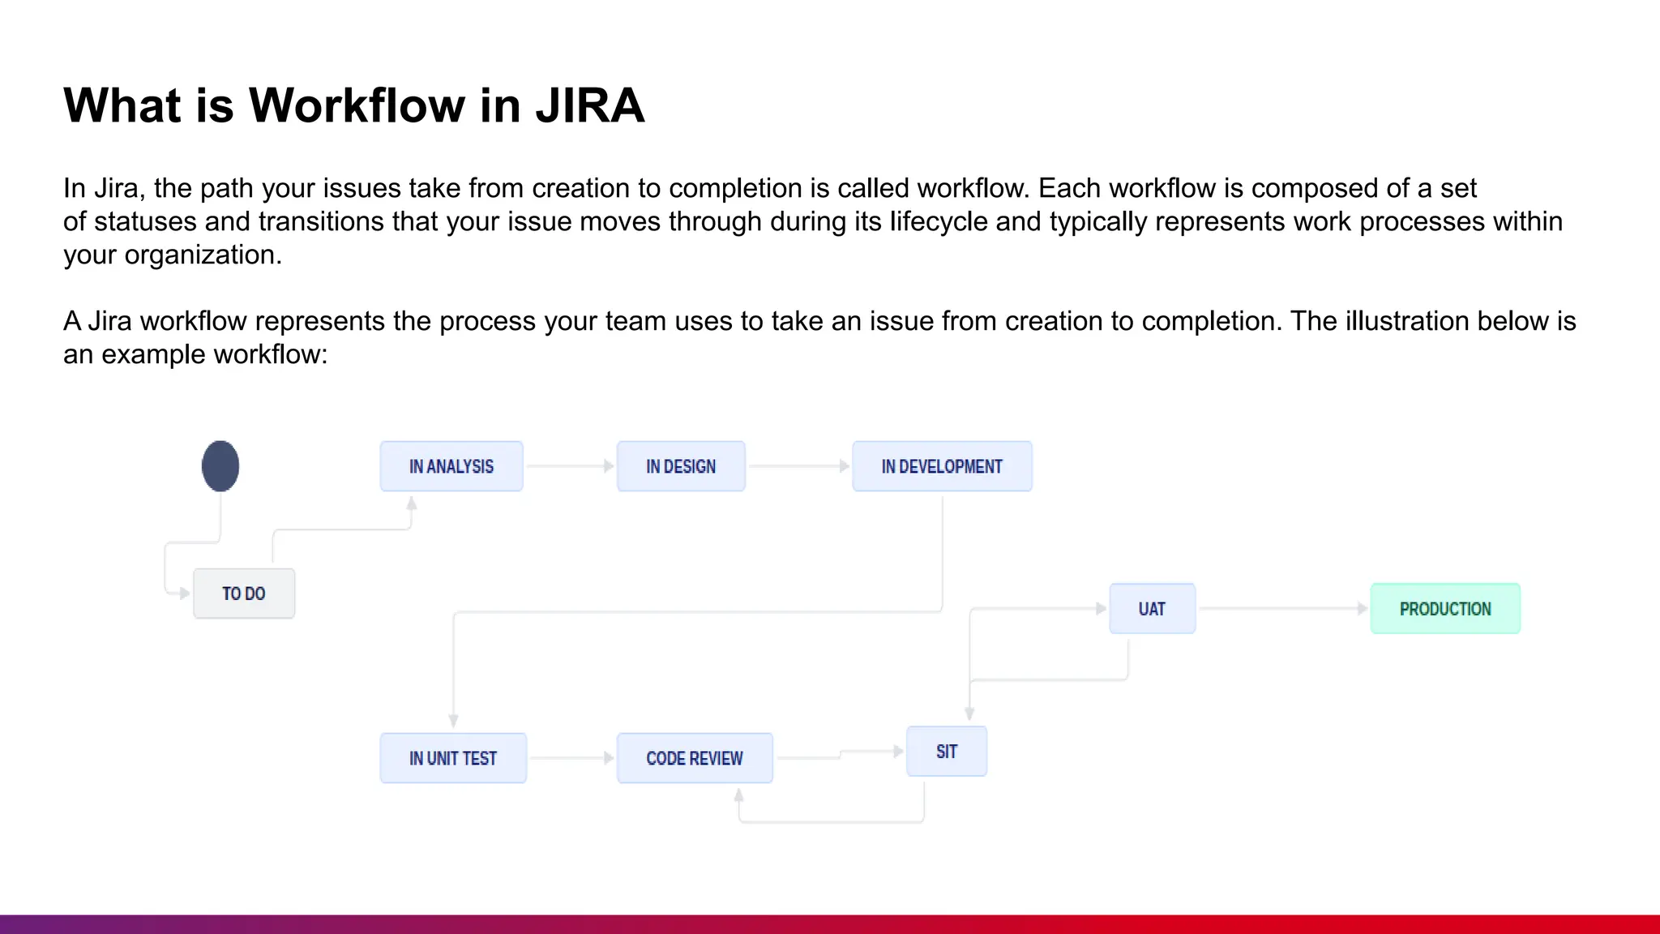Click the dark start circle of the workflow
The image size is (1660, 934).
click(x=220, y=466)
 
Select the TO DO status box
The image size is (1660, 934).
click(x=244, y=593)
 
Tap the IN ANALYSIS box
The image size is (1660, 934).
click(x=451, y=466)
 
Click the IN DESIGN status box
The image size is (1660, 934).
click(x=681, y=466)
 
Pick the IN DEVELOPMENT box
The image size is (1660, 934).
click(x=942, y=466)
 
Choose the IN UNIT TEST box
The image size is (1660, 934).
click(x=453, y=758)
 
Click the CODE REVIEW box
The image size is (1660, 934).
click(x=695, y=758)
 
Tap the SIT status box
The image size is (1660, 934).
click(x=947, y=752)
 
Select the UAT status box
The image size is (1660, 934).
click(x=1152, y=609)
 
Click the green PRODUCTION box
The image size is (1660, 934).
click(x=1445, y=609)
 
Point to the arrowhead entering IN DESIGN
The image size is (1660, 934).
click(x=608, y=466)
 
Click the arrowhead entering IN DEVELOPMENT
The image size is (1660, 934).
click(x=844, y=466)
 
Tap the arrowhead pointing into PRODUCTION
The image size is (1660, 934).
click(x=1363, y=608)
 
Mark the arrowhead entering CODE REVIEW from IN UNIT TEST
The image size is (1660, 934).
click(x=608, y=758)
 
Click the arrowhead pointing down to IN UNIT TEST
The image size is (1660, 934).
click(x=453, y=721)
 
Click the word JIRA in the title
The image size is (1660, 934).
click(x=589, y=105)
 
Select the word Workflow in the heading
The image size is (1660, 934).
click(x=356, y=105)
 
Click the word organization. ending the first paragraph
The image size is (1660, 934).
click(x=203, y=255)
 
